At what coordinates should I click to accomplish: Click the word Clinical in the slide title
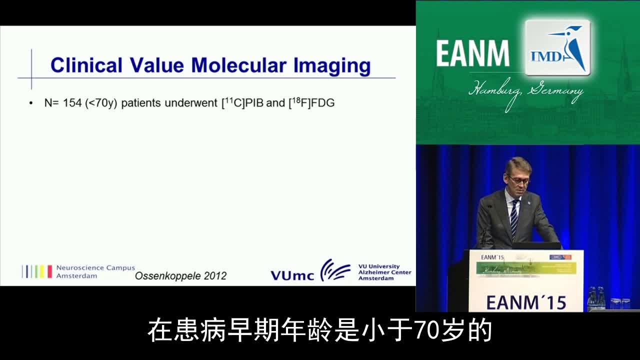point(86,65)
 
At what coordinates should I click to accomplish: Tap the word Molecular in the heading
point(239,65)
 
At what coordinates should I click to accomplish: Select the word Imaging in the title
point(332,66)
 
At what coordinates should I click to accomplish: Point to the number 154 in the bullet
point(72,103)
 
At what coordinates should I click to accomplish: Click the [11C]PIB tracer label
point(242,102)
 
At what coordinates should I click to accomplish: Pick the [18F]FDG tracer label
point(311,102)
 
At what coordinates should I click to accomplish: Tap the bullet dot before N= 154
point(31,103)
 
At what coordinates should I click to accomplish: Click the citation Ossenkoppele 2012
point(180,275)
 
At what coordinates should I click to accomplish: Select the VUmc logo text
point(292,275)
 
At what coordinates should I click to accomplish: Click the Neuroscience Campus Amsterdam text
point(95,271)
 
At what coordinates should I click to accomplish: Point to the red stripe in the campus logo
point(49,271)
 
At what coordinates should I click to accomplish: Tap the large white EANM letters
point(473,53)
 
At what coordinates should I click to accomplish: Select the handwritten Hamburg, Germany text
point(525,92)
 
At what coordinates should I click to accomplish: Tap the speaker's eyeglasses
point(520,180)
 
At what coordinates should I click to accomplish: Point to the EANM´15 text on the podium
point(526,303)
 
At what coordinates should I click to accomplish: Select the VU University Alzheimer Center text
point(384,272)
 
